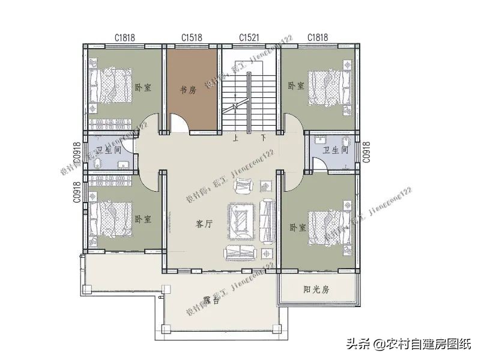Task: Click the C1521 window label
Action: click(249, 38)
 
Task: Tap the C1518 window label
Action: click(192, 38)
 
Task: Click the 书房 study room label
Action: click(189, 90)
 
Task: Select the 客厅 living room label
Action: click(204, 224)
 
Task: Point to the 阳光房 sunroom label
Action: click(316, 290)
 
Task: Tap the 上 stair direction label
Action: click(237, 138)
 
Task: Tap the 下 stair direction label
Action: click(263, 138)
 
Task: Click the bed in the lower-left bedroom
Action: click(110, 217)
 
